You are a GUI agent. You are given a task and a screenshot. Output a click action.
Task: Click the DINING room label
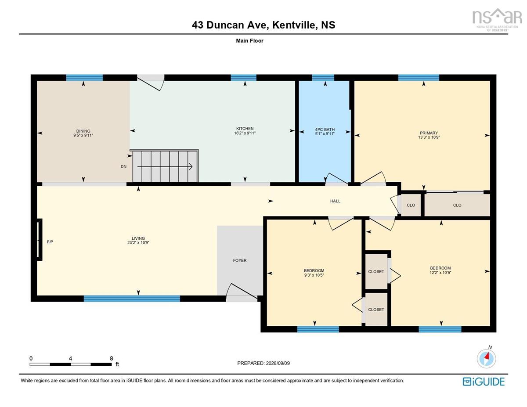click(x=83, y=131)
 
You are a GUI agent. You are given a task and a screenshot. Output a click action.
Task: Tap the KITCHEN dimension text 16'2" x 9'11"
click(x=245, y=133)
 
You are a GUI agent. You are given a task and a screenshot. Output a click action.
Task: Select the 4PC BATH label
click(x=325, y=130)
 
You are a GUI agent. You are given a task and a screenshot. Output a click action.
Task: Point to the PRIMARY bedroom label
click(x=429, y=133)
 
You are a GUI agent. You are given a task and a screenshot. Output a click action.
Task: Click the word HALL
click(x=335, y=201)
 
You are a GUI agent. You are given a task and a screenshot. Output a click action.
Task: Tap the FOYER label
click(x=240, y=260)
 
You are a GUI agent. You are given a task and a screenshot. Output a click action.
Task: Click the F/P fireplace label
click(x=50, y=242)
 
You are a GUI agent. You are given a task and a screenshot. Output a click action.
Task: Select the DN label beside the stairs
click(x=123, y=166)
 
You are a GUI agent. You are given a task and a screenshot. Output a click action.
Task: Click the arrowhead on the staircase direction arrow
click(x=191, y=167)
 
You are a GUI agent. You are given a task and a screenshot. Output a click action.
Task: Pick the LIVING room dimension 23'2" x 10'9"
click(x=138, y=243)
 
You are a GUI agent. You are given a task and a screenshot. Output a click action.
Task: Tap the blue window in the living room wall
click(x=132, y=299)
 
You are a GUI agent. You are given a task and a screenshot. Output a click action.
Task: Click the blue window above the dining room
click(x=84, y=78)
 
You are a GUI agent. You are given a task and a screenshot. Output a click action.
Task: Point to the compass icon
click(x=486, y=359)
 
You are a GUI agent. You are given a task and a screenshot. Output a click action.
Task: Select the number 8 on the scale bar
click(x=111, y=359)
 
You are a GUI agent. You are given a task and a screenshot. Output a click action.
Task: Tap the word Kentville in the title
click(x=295, y=25)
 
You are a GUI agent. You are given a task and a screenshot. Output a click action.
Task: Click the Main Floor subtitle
click(x=249, y=41)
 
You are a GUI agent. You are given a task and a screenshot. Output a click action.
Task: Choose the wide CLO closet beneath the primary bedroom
click(x=457, y=205)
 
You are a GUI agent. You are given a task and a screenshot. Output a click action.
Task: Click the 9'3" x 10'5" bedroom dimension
click(x=314, y=275)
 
